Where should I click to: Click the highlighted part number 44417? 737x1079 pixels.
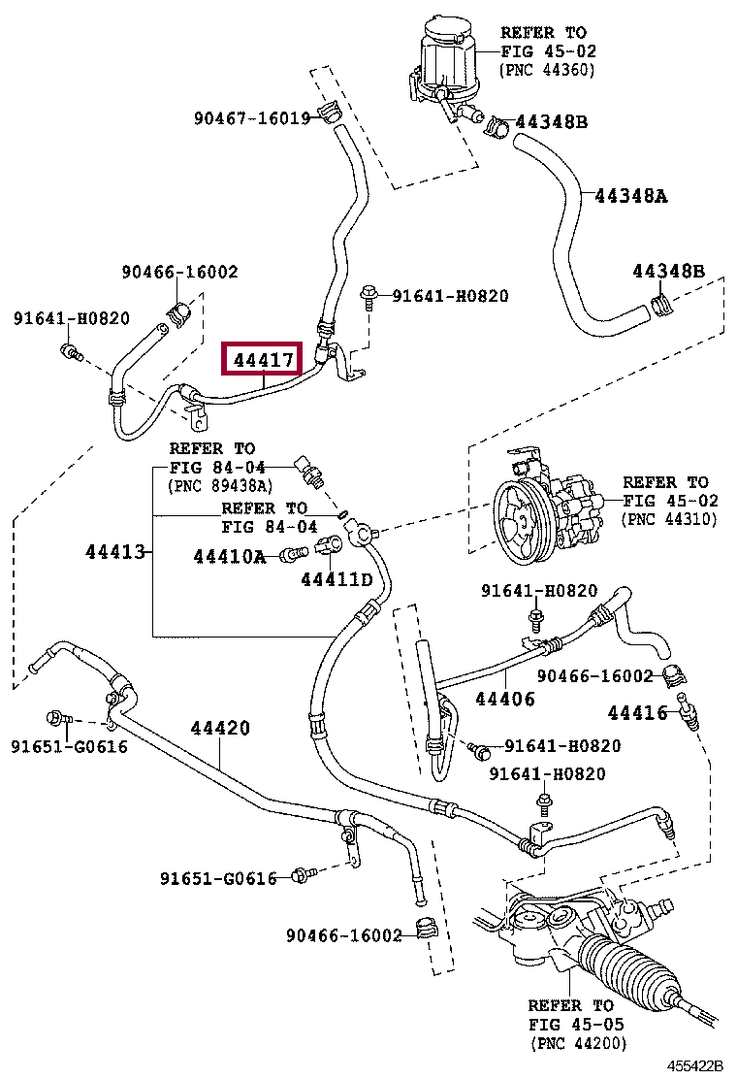coord(264,360)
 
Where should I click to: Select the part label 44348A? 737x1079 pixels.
coord(630,196)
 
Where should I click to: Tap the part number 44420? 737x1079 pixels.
coord(220,728)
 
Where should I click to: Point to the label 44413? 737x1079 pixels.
coord(115,551)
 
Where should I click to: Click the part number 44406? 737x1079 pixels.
coord(504,700)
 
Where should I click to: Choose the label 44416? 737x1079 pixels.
coord(637,713)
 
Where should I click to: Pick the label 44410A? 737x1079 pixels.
coord(229,556)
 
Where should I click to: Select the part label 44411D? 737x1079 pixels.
coord(336,580)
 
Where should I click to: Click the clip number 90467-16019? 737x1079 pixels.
coord(251,118)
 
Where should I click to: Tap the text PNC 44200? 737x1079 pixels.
coord(578,1043)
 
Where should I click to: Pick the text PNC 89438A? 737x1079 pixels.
coord(221,486)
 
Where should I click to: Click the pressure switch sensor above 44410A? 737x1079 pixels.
coord(308,471)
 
